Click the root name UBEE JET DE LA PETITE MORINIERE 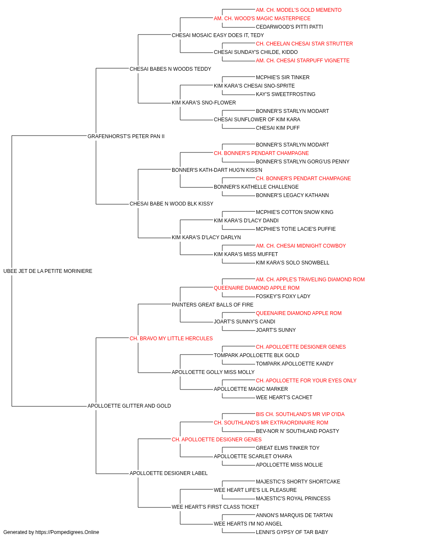point(48,271)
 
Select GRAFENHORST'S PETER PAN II point(126,136)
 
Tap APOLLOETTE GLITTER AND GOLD point(129,406)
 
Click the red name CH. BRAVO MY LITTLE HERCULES point(171,338)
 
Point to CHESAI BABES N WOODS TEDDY point(171,69)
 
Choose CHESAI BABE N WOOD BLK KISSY point(171,204)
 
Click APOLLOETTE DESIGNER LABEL point(168,473)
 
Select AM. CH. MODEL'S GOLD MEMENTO point(298,10)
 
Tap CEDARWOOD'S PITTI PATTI point(289,27)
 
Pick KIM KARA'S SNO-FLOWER point(204,103)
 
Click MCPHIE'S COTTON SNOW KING point(295,212)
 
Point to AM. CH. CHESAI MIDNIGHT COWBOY point(301,246)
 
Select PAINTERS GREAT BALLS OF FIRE point(213,305)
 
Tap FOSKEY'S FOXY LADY point(283,296)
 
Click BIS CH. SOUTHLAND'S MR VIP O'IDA point(300,414)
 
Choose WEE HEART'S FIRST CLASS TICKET point(215,507)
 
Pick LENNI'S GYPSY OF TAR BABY point(292,532)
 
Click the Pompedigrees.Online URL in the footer point(67,532)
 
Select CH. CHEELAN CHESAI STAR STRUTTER point(304,44)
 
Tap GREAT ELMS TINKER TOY point(288,448)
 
